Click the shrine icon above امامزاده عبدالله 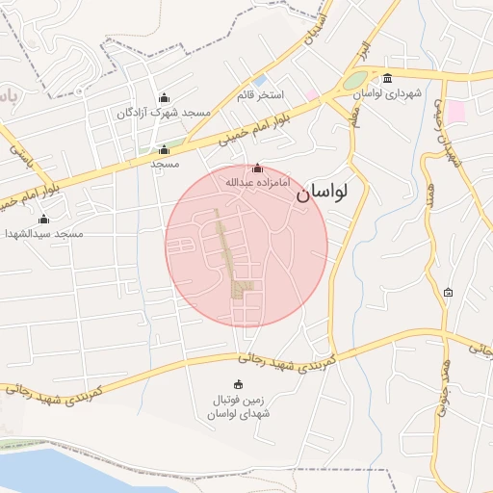tap(256, 169)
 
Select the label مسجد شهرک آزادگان tap(164, 113)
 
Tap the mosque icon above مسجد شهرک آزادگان tap(163, 98)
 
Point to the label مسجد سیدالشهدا tap(44, 234)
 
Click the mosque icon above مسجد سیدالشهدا tap(43, 220)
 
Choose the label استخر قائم tap(261, 95)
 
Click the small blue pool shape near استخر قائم tap(259, 81)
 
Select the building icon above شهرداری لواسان tap(388, 79)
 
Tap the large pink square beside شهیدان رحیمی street tap(454, 112)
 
